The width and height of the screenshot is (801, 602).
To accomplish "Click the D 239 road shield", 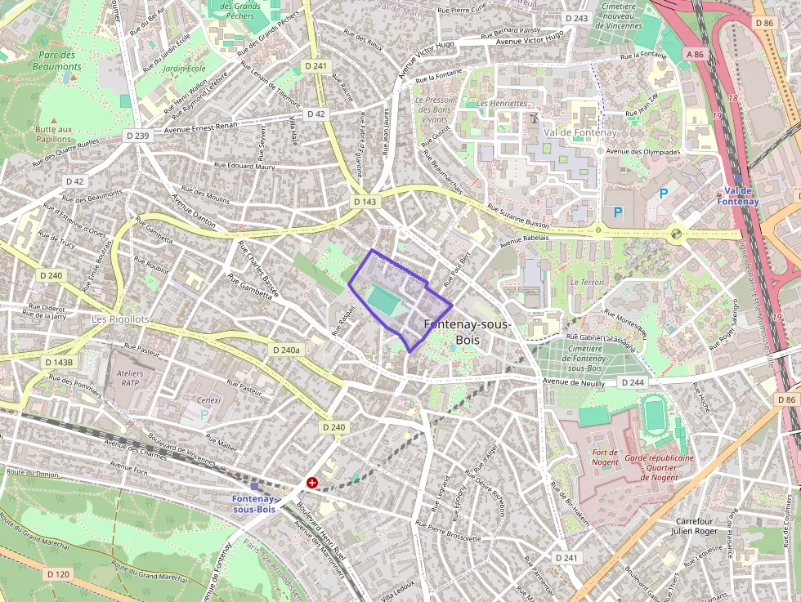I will coord(137,136).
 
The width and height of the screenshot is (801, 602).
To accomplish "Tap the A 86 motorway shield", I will coord(695,54).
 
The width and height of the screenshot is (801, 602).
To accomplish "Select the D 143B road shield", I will coord(58,362).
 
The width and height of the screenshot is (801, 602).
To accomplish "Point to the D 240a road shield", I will coord(285,350).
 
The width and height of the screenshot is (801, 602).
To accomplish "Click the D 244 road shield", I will coord(633,382).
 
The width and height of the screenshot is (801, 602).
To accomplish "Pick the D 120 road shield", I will coord(58,574).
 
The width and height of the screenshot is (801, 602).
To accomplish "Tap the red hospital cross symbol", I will coord(311,483).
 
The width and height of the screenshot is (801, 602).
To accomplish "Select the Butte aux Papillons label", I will coord(54,134).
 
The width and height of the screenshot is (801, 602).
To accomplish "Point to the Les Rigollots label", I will coord(120,319).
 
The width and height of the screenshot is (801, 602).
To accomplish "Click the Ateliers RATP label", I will coord(131,378).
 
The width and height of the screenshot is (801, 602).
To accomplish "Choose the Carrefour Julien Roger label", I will coord(695,525).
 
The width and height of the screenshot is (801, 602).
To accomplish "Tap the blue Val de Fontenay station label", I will coord(738,196).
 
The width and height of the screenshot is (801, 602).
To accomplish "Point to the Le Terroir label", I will coord(586,282).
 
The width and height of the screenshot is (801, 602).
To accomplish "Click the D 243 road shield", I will coord(576,18).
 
